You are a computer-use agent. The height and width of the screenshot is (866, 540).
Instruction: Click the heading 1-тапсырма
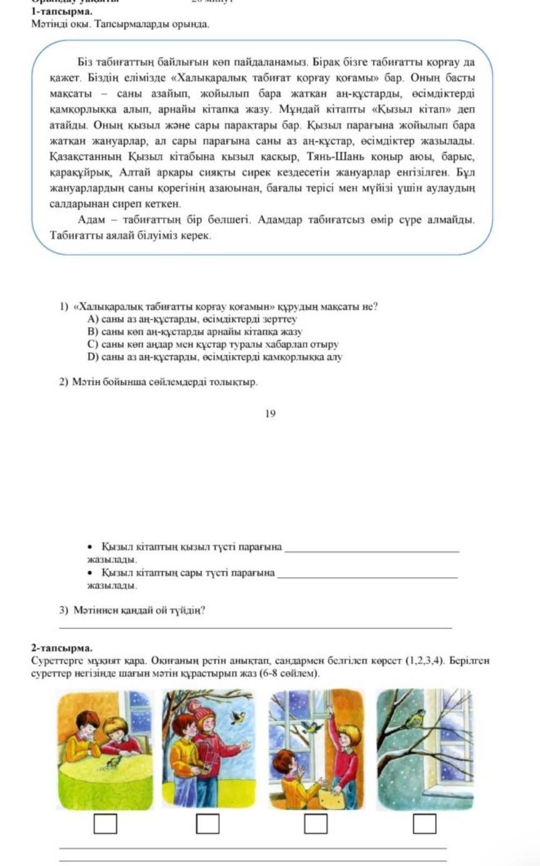[x=62, y=11]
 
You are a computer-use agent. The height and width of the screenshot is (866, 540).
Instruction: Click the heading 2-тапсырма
[x=62, y=648]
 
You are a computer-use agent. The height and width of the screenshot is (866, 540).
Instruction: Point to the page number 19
[x=270, y=413]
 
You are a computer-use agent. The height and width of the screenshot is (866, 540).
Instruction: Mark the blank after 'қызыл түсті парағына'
[x=371, y=550]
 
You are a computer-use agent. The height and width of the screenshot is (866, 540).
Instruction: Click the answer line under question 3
[x=255, y=627]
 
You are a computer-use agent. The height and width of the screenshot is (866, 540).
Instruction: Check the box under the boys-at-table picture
[x=105, y=824]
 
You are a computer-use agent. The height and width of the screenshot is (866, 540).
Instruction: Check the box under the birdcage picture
[x=208, y=824]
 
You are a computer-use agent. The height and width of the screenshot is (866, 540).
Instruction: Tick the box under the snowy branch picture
[x=424, y=824]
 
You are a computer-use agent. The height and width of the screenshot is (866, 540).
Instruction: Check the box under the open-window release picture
[x=316, y=824]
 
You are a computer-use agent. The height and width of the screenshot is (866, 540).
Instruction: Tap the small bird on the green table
[x=113, y=761]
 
